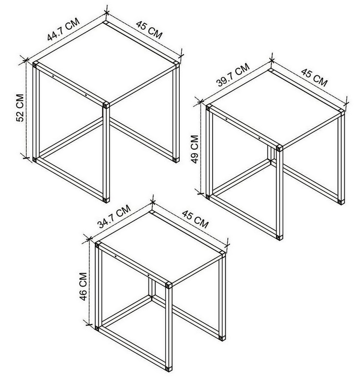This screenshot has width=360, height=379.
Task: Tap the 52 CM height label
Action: pos(20,108)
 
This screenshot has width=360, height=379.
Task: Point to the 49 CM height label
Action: pos(195,150)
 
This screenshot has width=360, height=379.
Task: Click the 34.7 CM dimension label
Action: pos(114,217)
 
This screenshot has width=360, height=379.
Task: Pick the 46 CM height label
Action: pos(83,287)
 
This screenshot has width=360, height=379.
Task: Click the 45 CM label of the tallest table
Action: pos(149,30)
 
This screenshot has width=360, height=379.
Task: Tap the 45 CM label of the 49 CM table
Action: pos(314,77)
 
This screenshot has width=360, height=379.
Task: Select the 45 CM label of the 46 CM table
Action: pos(195,219)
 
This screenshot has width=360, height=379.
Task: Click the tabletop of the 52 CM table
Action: pos(106,64)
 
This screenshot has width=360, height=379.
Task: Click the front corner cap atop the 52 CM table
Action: pos(106,105)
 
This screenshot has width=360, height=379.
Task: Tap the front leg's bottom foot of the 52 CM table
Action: pos(106,200)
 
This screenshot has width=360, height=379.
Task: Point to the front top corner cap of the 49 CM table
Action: pos(280,148)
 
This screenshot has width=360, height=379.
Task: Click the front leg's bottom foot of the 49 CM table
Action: pos(280,237)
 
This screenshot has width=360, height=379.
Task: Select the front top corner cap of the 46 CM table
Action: pos(169,285)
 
